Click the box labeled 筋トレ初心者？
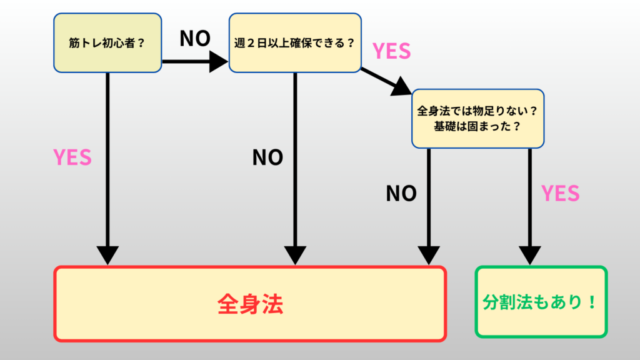pos(107,42)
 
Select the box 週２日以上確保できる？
pos(294,42)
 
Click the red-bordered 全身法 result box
pos(250,304)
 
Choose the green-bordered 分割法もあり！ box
pos(541,302)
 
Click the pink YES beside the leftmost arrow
pos(72,157)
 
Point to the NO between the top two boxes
pos(194,39)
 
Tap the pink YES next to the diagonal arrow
pos(391,51)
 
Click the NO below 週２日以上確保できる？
pos(267,157)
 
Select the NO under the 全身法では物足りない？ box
pos(401,194)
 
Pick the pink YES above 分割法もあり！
pos(560,194)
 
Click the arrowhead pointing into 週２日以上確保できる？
pos(219,61)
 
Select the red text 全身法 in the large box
pos(250,304)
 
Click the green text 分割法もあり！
pos(541,302)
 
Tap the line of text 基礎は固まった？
pos(477,126)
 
